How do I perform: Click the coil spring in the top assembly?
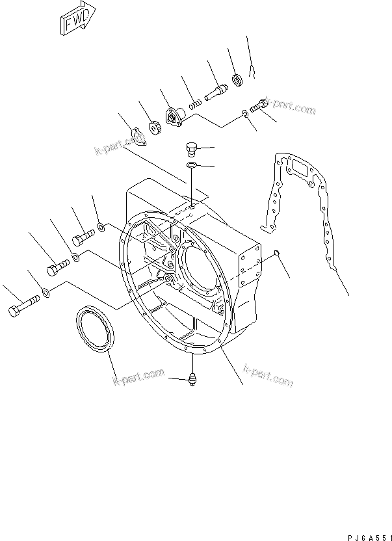click(x=194, y=103)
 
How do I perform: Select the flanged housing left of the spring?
click(x=176, y=118)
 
